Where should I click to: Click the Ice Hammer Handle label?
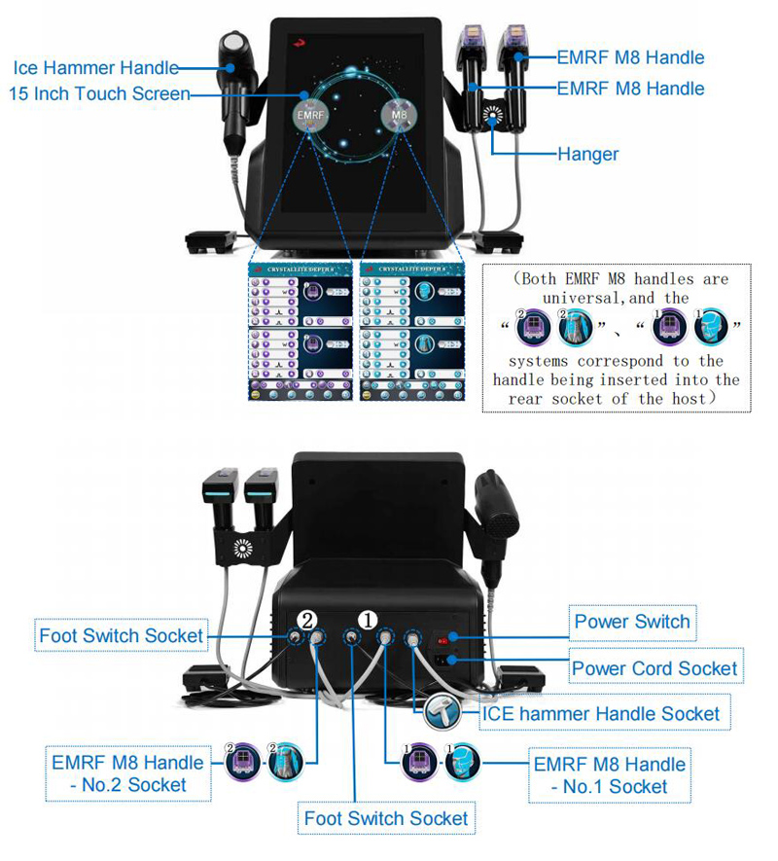[95, 68]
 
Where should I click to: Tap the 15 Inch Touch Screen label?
[98, 94]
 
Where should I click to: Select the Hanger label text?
[587, 154]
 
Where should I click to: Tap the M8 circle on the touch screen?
[399, 115]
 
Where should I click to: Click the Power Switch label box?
[631, 622]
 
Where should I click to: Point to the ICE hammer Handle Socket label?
[602, 714]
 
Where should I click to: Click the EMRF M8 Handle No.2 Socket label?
[128, 773]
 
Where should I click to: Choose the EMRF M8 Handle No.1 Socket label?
[609, 774]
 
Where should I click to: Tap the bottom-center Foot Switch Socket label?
[386, 819]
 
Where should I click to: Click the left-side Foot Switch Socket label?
[122, 637]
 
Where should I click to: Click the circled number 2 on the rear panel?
[306, 618]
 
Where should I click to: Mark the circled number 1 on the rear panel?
[370, 618]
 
